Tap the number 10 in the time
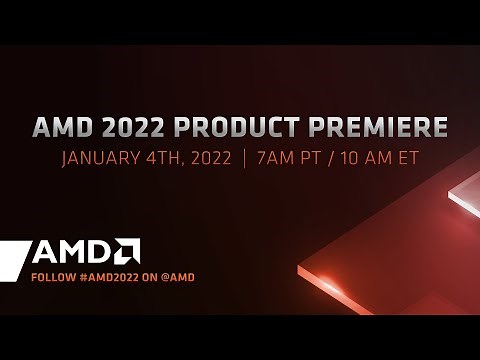point(353,159)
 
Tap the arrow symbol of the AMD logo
point(126,250)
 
